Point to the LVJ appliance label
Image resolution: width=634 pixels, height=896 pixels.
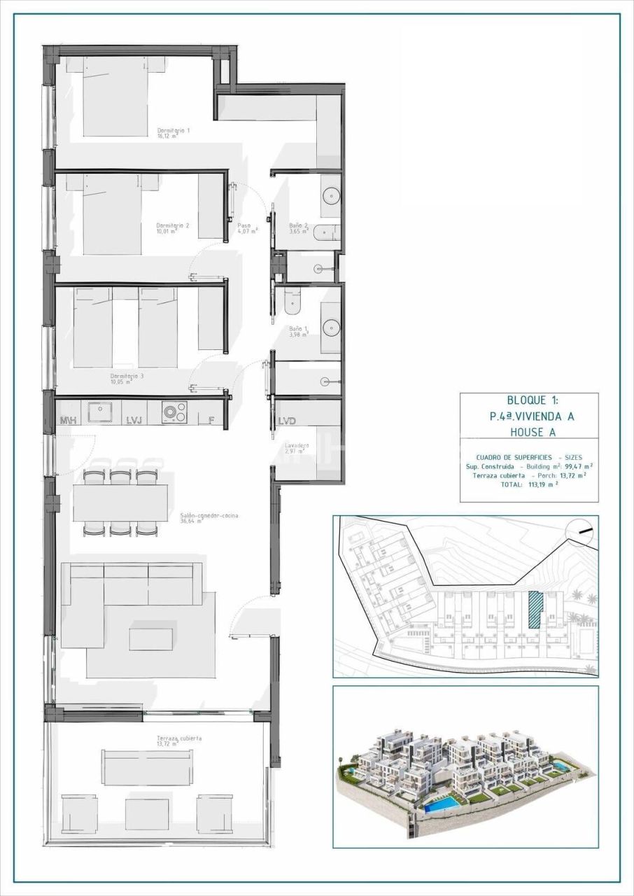pos(134,420)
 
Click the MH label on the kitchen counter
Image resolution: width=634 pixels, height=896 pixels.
pos(68,420)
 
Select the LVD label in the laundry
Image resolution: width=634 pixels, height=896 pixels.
pos(287,421)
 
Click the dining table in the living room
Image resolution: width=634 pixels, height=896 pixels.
pos(120,503)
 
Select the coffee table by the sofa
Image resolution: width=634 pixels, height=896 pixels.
pos(150,638)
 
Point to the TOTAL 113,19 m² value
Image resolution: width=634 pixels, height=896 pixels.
pos(541,483)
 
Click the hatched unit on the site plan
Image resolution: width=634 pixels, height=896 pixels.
pos(535,610)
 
